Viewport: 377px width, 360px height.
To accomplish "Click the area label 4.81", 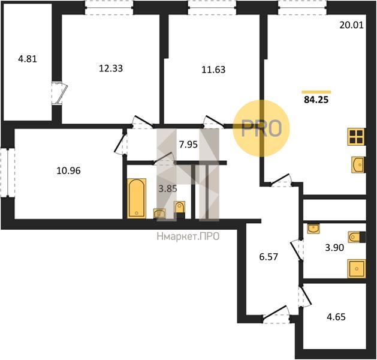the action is (x=28, y=59).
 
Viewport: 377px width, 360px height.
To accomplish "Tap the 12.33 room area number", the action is (x=111, y=68).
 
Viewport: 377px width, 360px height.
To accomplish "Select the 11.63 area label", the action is (x=213, y=70).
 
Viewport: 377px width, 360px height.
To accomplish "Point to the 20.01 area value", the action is (x=351, y=25).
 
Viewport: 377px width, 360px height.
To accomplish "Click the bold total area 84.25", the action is (x=316, y=100).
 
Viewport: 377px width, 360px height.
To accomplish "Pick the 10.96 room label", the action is (x=68, y=171).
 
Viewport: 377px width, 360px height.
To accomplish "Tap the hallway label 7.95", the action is (x=188, y=145).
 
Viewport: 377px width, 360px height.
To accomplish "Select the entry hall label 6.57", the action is (x=269, y=257).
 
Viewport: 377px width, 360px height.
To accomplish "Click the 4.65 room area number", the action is (x=336, y=317).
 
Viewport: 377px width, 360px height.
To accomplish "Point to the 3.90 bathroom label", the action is (x=334, y=247).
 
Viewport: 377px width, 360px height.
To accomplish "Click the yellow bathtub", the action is (x=137, y=198).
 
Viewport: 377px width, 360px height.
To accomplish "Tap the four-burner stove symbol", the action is (x=357, y=137).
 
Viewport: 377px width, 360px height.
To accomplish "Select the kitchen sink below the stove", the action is (x=358, y=164).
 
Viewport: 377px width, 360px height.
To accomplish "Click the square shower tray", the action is (x=357, y=269).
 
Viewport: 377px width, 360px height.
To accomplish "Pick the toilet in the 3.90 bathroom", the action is (x=357, y=237).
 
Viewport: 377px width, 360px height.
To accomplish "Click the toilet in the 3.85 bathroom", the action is (x=180, y=209).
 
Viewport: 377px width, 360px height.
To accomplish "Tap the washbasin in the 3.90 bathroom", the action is (x=313, y=229).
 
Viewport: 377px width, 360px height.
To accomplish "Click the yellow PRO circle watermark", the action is (x=261, y=128).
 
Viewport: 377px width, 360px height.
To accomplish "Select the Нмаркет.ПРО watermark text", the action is (x=188, y=236).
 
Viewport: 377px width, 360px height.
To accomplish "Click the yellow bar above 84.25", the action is (x=316, y=92).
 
